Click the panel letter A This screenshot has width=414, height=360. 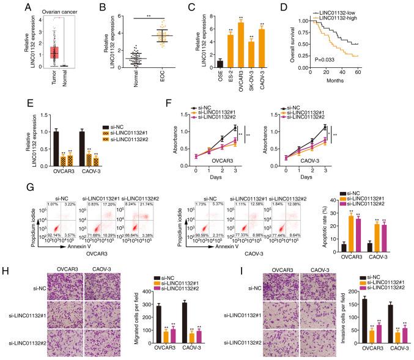tap(6, 6)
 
